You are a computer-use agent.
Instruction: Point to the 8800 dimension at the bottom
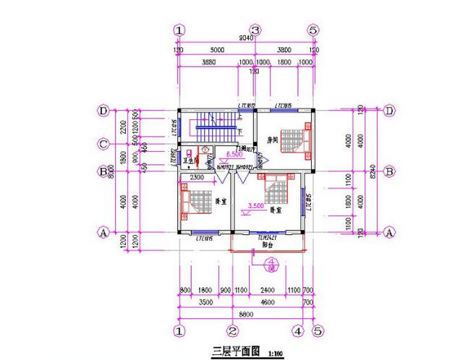[246, 315]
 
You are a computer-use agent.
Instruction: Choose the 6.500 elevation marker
[234, 155]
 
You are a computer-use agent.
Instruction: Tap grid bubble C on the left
[103, 143]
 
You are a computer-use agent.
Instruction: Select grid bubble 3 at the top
[255, 30]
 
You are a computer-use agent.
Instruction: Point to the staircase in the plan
[215, 126]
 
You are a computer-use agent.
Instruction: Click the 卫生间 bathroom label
[192, 160]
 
